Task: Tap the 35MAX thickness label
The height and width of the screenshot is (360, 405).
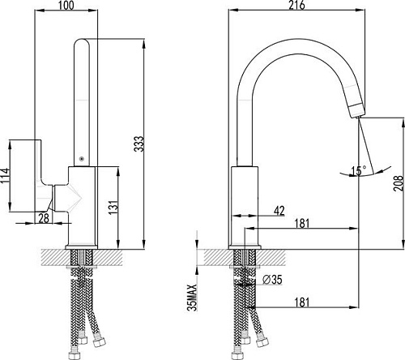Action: tap(192, 298)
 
